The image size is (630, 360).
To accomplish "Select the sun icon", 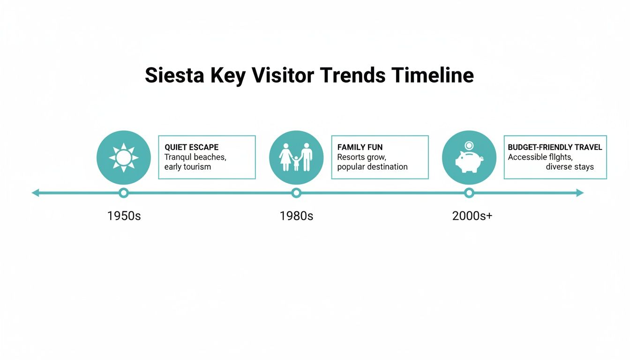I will tap(124, 157).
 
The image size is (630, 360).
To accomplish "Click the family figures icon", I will tap(296, 157).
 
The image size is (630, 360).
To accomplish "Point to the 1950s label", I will tap(124, 216).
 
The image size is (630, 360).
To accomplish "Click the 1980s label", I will tap(296, 216).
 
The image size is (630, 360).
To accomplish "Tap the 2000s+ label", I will tap(472, 216).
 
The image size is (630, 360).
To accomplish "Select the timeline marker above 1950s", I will tap(124, 193).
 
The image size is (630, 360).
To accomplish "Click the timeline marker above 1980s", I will tap(296, 193).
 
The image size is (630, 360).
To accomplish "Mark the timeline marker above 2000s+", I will tap(469, 193).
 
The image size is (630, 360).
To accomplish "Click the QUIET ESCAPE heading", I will tap(191, 147).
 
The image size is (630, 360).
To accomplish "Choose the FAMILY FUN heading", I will tap(360, 147).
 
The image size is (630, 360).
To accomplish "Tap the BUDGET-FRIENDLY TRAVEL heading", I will tap(555, 147).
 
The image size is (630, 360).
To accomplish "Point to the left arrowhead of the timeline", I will tap(35, 193).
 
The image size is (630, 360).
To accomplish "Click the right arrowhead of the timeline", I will tap(580, 193).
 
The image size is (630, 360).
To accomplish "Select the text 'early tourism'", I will tap(187, 167).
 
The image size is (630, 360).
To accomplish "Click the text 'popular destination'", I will tap(372, 167).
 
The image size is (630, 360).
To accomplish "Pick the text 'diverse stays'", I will tap(570, 167).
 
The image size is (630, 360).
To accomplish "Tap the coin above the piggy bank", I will tap(469, 145).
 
